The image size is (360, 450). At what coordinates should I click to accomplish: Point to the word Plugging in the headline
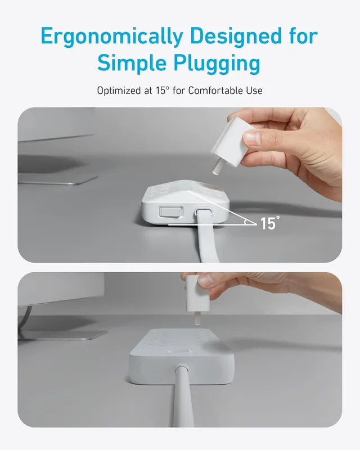[x=222, y=63]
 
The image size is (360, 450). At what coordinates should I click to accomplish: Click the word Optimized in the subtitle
[x=119, y=90]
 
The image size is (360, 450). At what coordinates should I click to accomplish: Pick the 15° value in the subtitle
[x=164, y=90]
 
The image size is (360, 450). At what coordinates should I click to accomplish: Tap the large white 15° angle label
[x=269, y=223]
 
